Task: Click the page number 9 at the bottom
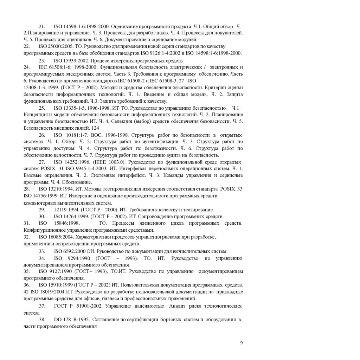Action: tap(241, 343)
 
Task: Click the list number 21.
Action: tap(42, 26)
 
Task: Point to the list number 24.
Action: tap(26, 67)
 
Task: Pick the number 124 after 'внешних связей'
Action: tap(96, 128)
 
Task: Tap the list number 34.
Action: tap(42, 258)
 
